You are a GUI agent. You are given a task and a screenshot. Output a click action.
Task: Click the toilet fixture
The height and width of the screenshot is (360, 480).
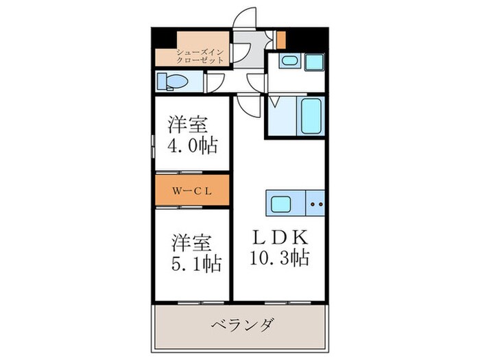[x=169, y=82]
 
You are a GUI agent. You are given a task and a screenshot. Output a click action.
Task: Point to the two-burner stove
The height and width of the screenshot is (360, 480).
[x=317, y=204]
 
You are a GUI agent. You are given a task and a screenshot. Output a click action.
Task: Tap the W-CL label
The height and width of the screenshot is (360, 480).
[x=191, y=191]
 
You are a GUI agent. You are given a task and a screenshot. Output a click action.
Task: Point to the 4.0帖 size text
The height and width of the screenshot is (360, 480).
[x=193, y=145]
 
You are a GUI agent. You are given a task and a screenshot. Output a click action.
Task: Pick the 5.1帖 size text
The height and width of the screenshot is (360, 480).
[x=195, y=263]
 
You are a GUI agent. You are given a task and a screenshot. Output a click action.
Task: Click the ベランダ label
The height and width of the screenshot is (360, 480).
[x=241, y=324]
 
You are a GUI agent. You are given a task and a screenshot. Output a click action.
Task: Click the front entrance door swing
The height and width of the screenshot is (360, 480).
[x=245, y=21]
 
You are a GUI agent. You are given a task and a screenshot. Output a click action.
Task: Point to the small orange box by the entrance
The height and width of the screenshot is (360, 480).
[x=280, y=38]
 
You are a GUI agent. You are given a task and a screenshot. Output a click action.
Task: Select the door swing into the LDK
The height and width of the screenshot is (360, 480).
[x=245, y=103]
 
